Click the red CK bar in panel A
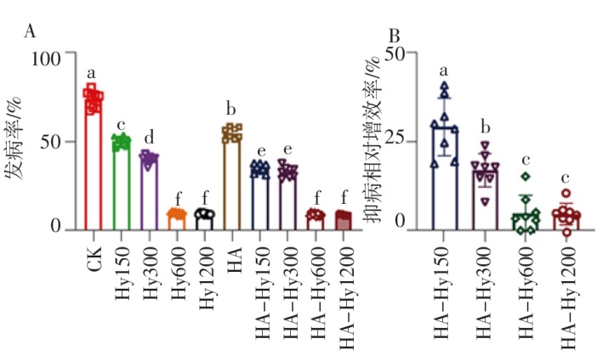[x=93, y=161]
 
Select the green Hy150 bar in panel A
[x=121, y=183]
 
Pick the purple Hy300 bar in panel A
[x=149, y=191]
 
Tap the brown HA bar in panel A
[x=231, y=178]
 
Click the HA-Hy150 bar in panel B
[x=444, y=178]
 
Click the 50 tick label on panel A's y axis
[x=49, y=142]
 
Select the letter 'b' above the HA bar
[x=230, y=110]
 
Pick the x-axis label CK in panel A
[x=94, y=254]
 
